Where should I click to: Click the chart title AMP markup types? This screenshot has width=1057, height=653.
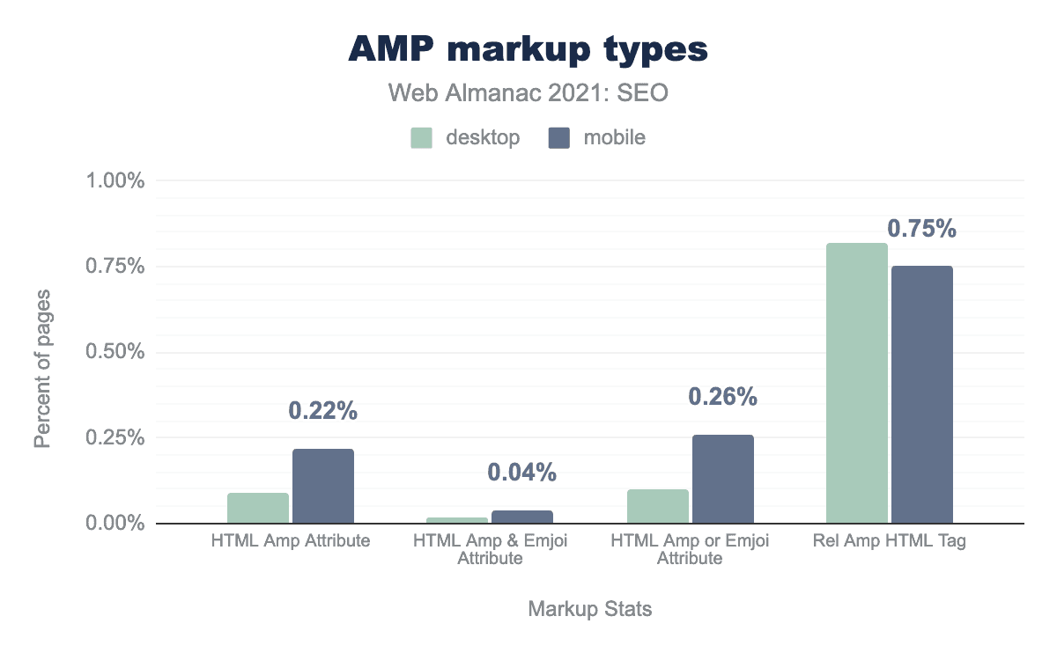(528, 49)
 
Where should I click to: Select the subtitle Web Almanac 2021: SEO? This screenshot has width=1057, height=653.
(528, 92)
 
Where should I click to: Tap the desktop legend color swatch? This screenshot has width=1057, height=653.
(421, 138)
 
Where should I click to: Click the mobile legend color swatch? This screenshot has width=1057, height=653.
(559, 138)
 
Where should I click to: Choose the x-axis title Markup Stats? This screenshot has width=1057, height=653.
(590, 609)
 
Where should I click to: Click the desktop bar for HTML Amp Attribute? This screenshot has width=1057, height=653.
(258, 508)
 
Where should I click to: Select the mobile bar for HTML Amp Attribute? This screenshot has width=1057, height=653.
(323, 486)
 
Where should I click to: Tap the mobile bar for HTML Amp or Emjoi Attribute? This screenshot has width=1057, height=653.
(723, 479)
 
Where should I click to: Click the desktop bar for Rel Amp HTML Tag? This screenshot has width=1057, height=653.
(857, 383)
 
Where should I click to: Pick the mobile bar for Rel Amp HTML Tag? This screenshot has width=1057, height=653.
(922, 394)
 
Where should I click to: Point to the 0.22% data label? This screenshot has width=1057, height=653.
(323, 411)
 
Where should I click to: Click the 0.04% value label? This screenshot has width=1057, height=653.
(522, 473)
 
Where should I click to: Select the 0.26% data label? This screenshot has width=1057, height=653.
(723, 397)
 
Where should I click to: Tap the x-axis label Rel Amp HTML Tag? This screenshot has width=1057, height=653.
(890, 541)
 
